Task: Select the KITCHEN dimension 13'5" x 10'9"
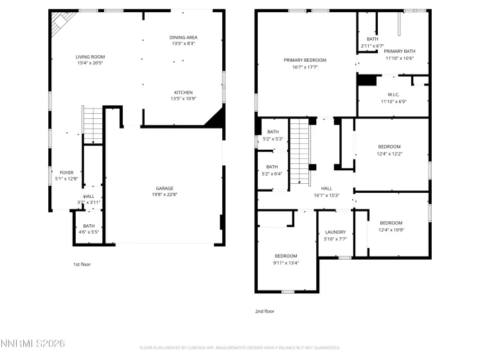(x=183, y=98)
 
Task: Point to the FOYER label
(x=66, y=172)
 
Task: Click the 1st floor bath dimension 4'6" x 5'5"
(x=89, y=232)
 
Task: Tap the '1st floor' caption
(x=82, y=264)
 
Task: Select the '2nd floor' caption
(x=264, y=311)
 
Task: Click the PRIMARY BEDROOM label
(x=305, y=60)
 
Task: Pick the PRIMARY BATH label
(x=400, y=51)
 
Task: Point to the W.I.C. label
(x=394, y=94)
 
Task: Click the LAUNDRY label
(x=335, y=232)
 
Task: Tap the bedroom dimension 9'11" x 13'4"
(x=286, y=262)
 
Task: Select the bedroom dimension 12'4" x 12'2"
(x=389, y=154)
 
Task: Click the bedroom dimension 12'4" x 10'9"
(x=391, y=230)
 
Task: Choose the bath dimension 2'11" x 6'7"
(x=372, y=46)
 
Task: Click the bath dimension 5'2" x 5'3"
(x=273, y=139)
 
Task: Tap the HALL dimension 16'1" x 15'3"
(x=326, y=195)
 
